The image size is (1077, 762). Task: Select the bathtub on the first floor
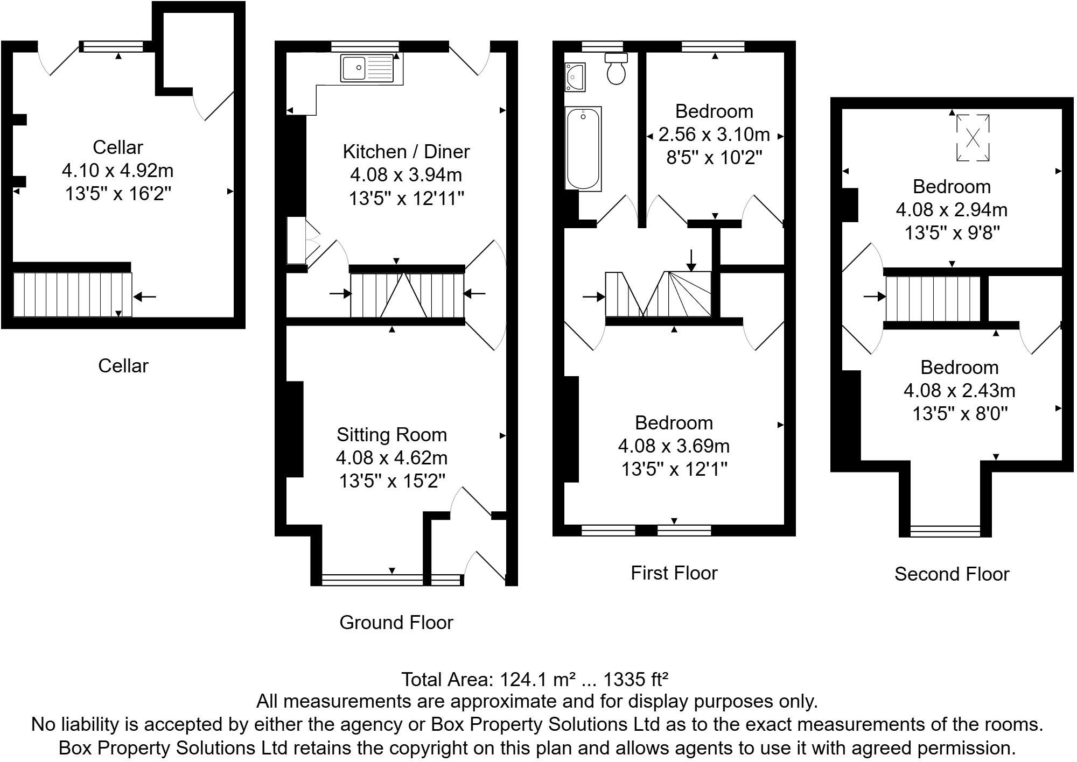tap(583, 148)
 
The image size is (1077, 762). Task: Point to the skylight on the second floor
tap(973, 138)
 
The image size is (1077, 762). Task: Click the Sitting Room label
tap(391, 434)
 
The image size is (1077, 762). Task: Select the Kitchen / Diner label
tap(406, 152)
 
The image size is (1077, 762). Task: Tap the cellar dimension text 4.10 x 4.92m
tap(117, 171)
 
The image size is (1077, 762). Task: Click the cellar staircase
tap(72, 294)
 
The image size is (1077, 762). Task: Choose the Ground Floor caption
tap(396, 623)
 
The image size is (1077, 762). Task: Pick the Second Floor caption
tap(952, 574)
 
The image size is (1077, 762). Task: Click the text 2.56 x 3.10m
tap(714, 134)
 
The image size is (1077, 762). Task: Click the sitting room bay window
tap(373, 580)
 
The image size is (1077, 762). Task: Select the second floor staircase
tap(933, 299)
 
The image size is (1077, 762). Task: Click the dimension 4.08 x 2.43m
tap(959, 390)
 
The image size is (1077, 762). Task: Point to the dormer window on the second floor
tap(945, 531)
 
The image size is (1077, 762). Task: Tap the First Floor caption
tap(674, 573)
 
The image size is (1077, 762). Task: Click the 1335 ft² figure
tap(635, 680)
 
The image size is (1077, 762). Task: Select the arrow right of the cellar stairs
tap(145, 296)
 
